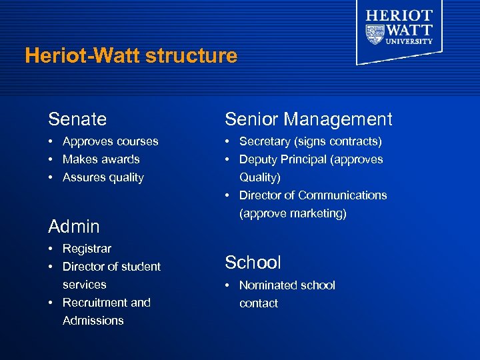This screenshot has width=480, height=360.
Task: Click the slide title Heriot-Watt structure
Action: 131,55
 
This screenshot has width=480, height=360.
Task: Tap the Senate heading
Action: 77,119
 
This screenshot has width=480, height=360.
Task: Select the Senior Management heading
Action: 308,119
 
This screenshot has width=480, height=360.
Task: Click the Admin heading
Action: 74,227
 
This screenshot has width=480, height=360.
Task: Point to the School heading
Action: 253,263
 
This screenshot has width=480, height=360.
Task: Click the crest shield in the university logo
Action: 376,33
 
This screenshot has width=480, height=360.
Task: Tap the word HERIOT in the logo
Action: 399,15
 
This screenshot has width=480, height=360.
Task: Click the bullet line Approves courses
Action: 110,141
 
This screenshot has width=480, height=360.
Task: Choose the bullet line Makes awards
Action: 101,159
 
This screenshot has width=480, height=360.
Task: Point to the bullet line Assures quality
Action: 103,177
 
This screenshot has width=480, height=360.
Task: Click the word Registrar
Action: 87,249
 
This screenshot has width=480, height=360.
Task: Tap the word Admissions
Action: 93,321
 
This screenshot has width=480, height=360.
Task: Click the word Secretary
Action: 264,141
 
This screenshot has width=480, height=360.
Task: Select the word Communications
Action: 343,195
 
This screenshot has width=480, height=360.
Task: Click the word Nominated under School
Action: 268,285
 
